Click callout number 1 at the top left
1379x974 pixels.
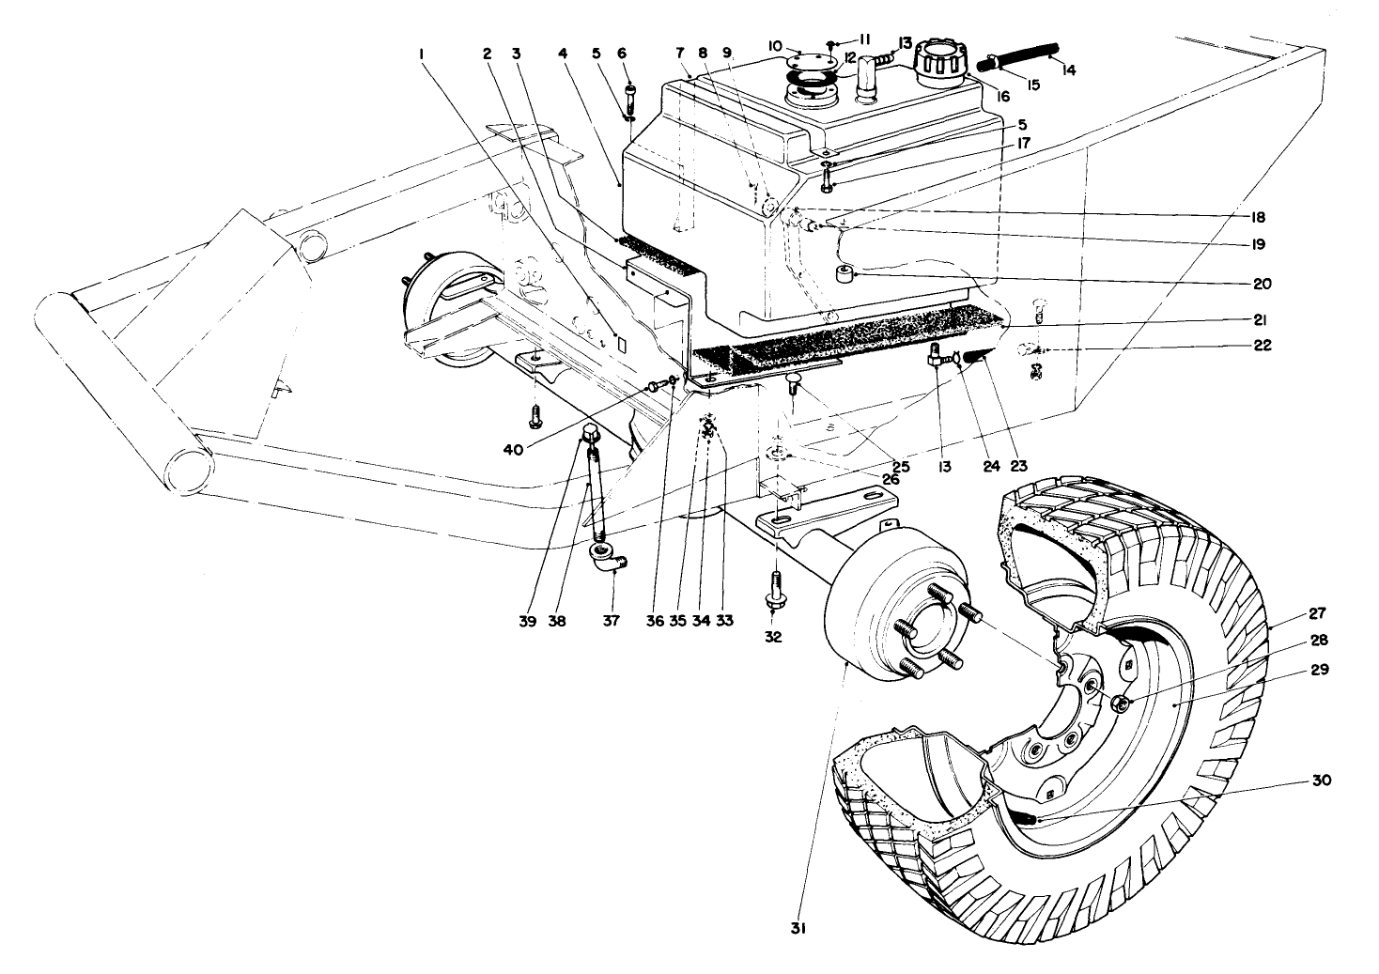[422, 54]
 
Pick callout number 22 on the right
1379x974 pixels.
[1262, 346]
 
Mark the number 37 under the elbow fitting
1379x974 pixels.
[612, 621]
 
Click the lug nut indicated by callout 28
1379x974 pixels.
[1118, 703]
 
